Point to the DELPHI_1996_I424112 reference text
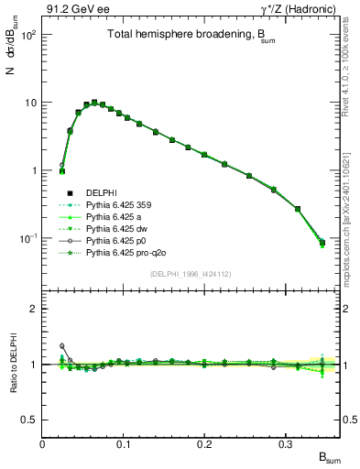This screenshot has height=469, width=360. pyautogui.click(x=191, y=271)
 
